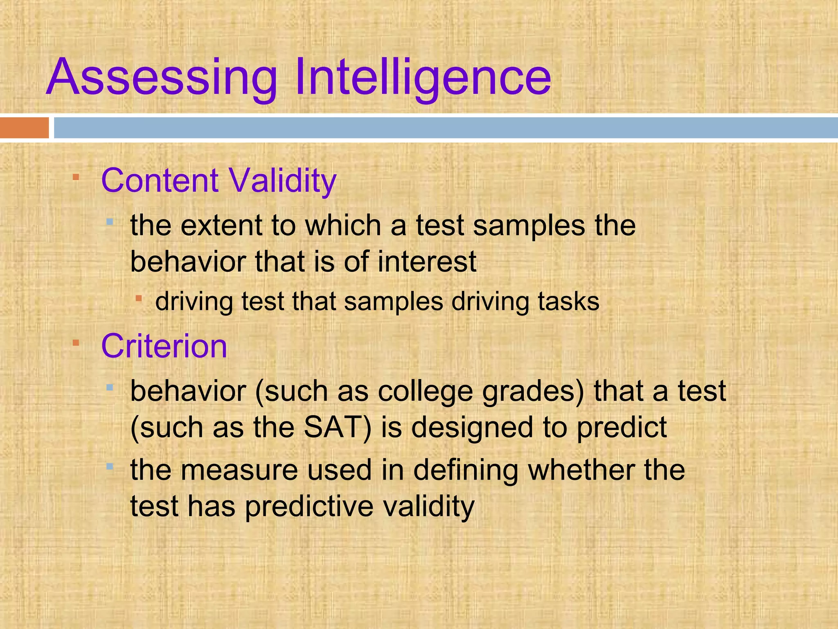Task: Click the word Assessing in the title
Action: pos(162,78)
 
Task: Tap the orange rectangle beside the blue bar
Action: pos(24,128)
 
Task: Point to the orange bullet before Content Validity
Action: pos(76,177)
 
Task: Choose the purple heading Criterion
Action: pos(164,346)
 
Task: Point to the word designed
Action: pos(472,428)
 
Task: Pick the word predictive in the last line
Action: pos(309,506)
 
